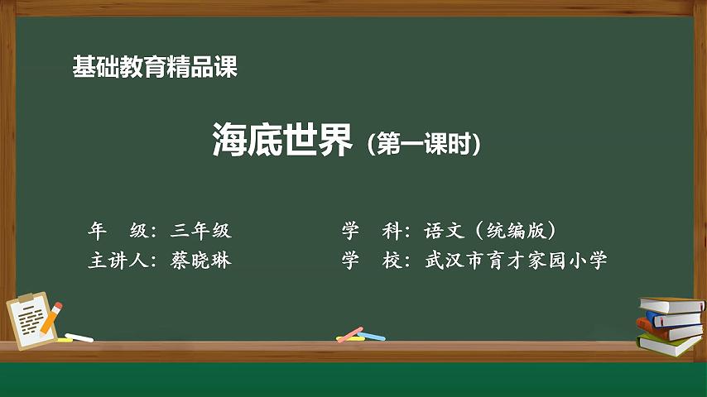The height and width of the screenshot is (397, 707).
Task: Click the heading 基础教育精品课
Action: point(155,67)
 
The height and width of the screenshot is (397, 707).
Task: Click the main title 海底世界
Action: point(281,140)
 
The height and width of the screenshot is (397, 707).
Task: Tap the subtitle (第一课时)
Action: point(424,144)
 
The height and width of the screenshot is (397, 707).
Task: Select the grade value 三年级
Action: point(201,230)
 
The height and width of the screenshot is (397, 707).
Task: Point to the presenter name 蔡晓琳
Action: point(201,260)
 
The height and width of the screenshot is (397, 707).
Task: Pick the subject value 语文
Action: point(444,230)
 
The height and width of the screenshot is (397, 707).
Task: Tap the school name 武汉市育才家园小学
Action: point(516,260)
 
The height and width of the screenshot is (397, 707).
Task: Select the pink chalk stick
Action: point(350,334)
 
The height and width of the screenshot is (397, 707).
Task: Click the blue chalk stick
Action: point(372,336)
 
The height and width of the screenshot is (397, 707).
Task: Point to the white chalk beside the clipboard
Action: point(79,337)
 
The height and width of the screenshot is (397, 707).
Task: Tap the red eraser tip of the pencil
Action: point(58,306)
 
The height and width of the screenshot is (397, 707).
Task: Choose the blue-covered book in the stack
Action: point(675,319)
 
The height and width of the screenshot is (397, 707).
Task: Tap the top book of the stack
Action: point(672,305)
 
